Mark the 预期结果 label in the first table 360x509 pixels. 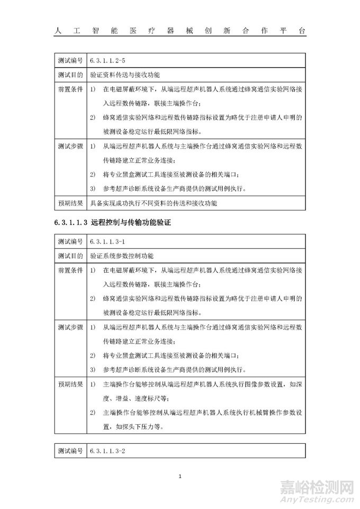(x=70, y=203)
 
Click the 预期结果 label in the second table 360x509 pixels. (x=70, y=383)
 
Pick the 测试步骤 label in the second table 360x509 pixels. (x=70, y=327)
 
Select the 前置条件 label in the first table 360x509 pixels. (x=70, y=90)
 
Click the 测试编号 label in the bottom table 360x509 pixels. (x=70, y=451)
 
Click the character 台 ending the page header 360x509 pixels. (x=302, y=31)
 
